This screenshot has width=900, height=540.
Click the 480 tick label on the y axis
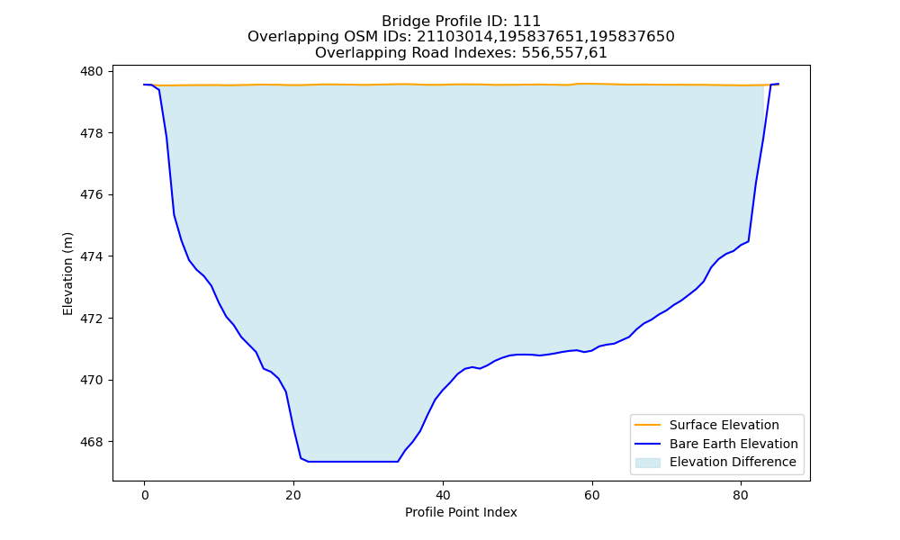(x=91, y=72)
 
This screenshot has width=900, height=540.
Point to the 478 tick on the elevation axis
(x=91, y=133)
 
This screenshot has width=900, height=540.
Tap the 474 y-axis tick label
(x=91, y=256)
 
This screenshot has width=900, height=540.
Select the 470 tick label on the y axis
(x=91, y=380)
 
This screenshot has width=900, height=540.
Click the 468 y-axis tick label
(x=91, y=442)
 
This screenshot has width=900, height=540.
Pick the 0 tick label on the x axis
(x=145, y=495)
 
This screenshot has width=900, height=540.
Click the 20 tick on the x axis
(x=293, y=495)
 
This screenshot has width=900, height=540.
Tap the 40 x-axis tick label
(x=443, y=495)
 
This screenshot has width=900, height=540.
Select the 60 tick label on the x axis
(x=592, y=495)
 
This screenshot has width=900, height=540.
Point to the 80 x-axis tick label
(x=741, y=495)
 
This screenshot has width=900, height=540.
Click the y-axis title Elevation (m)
(x=67, y=274)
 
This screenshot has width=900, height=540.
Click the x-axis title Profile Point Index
(x=461, y=512)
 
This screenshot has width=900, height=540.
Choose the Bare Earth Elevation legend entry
(x=716, y=444)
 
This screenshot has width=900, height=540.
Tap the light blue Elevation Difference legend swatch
(x=647, y=463)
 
